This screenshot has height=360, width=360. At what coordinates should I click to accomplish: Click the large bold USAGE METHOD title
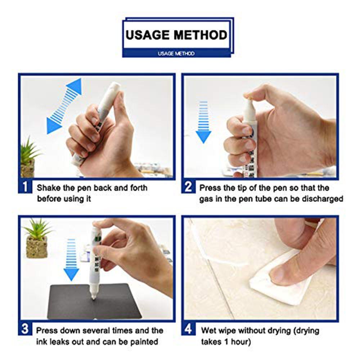pyautogui.click(x=176, y=35)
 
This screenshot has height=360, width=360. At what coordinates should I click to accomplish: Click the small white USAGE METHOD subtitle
pyautogui.click(x=176, y=54)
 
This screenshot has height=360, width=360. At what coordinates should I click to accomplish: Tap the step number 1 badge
pyautogui.click(x=25, y=186)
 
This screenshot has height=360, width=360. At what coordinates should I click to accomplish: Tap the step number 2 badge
pyautogui.click(x=188, y=186)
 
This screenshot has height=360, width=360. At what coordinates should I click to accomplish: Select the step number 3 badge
pyautogui.click(x=25, y=329)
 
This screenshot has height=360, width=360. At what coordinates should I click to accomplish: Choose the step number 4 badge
pyautogui.click(x=188, y=329)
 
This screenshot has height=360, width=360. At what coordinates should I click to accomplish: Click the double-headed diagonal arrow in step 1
pyautogui.click(x=64, y=106)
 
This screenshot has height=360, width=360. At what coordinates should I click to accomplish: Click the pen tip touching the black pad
pyautogui.click(x=94, y=297)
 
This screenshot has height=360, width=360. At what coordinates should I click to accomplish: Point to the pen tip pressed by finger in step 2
pyautogui.click(x=249, y=101)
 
